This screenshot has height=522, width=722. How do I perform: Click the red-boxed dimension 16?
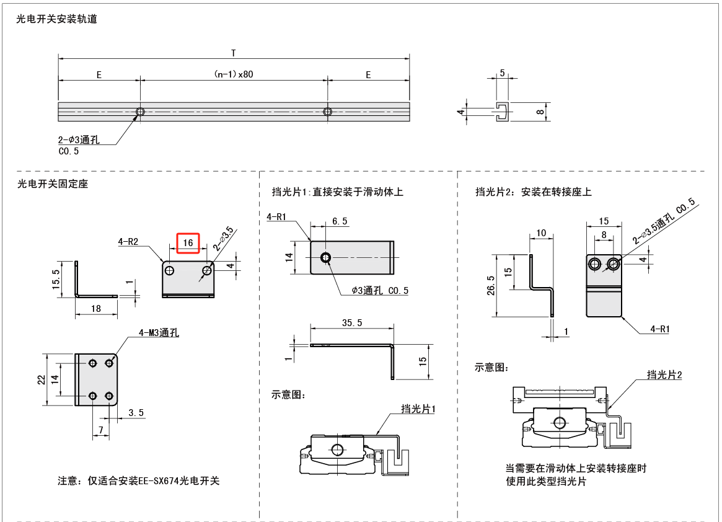(188, 243)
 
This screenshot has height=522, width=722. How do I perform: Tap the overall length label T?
(233, 53)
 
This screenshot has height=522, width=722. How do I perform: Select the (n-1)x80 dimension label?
(234, 74)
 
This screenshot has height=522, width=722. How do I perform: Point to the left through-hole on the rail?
(141, 112)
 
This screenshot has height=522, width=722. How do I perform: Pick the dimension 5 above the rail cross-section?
(502, 73)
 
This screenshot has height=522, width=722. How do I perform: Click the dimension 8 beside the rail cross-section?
(540, 112)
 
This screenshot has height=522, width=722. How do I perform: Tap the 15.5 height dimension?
(57, 279)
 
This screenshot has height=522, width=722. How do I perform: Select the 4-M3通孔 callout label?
(158, 333)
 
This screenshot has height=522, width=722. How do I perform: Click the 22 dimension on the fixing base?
(41, 379)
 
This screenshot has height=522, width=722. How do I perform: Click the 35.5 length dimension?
(352, 323)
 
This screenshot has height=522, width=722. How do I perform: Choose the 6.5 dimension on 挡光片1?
(340, 221)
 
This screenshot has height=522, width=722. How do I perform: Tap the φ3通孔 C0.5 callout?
(380, 290)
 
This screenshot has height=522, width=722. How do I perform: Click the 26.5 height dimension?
(491, 286)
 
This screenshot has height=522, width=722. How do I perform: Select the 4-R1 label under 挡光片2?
(659, 329)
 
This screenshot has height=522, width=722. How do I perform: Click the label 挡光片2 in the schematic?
(664, 374)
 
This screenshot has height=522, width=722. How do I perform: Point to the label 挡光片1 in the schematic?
(418, 409)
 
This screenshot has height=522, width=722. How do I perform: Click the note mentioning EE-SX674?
(139, 480)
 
